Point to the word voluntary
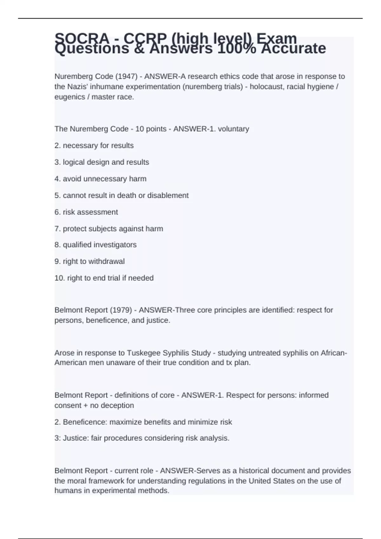tap(233, 129)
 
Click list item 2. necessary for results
tap(94, 146)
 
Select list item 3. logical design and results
tap(102, 162)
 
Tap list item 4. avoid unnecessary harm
tap(100, 179)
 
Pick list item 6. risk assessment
tap(86, 212)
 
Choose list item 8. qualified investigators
tap(95, 245)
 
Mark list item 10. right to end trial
tap(104, 278)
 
